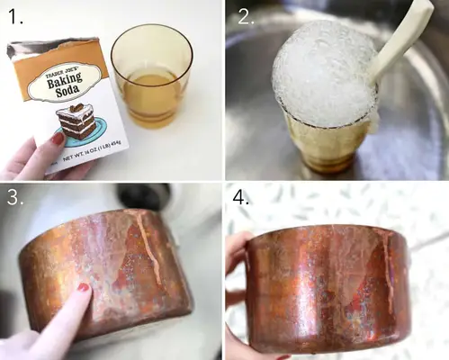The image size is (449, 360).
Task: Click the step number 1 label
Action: [x=16, y=16]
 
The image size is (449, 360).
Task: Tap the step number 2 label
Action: [x=246, y=16]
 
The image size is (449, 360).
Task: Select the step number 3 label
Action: [x=15, y=197]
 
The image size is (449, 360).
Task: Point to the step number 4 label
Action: [x=241, y=197]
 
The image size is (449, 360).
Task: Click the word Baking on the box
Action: [x=65, y=80]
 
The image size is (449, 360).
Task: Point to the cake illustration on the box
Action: [x=79, y=125]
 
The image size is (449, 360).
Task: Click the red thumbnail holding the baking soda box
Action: [x=58, y=139]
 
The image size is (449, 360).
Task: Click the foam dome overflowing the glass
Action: [x=324, y=75]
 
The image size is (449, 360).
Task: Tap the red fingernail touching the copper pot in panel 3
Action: [x=84, y=288]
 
